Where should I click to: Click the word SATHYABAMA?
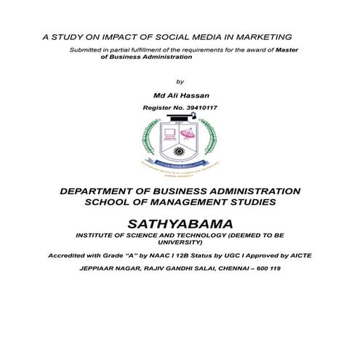pyautogui.click(x=180, y=221)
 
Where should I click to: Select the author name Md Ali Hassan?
pyautogui.click(x=179, y=95)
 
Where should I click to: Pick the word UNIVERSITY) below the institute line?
pyautogui.click(x=180, y=243)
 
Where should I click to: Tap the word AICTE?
pyautogui.click(x=297, y=256)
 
